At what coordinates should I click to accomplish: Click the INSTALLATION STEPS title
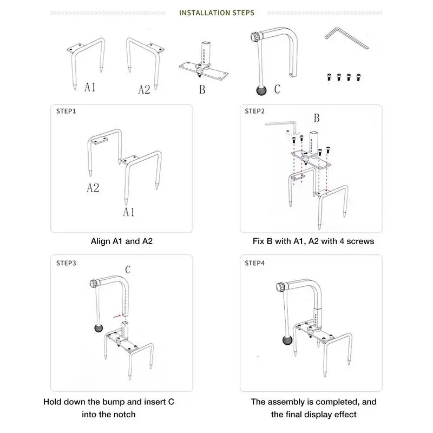coord(216,12)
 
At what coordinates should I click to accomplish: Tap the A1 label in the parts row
coord(90,87)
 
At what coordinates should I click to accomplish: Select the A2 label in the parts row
coord(143,89)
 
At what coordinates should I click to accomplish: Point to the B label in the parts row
coord(202,90)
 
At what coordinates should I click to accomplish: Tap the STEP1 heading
coord(67,111)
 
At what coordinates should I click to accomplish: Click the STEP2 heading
coord(255,111)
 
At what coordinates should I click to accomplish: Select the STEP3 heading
coord(67,263)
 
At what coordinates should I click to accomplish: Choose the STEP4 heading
coord(255,263)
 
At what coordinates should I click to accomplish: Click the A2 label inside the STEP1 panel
coord(93,188)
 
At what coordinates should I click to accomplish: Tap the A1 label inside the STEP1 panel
coord(128,212)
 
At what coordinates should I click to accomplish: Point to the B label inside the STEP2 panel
coord(317,117)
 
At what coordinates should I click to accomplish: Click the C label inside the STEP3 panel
coord(128,269)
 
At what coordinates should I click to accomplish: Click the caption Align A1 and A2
coord(122,241)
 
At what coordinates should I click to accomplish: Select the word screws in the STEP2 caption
coord(361,241)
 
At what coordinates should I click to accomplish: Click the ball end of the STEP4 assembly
coord(286,339)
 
